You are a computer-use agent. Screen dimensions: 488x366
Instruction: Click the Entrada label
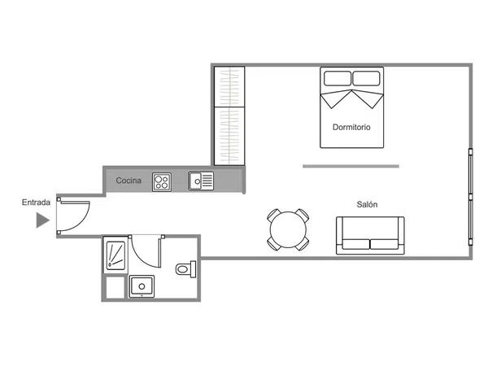tap(36, 203)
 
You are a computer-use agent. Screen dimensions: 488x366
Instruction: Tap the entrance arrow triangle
tap(42, 220)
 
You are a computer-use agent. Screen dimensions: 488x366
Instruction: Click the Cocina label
tap(129, 181)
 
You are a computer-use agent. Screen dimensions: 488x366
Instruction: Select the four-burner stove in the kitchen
tap(162, 181)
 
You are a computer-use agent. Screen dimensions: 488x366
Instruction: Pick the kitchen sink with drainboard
tap(201, 181)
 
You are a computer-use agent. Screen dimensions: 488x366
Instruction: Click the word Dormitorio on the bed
tap(351, 127)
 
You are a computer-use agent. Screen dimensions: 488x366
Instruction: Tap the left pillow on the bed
tap(338, 78)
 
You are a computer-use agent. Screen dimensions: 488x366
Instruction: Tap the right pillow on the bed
tap(366, 78)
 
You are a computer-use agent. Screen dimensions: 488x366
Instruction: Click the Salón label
tap(367, 204)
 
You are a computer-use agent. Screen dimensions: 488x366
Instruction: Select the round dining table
tap(288, 229)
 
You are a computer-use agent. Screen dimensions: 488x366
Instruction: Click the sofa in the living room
tap(370, 236)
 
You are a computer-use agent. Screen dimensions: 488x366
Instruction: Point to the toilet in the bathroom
tap(185, 269)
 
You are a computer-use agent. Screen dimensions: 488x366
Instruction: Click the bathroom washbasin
tap(142, 286)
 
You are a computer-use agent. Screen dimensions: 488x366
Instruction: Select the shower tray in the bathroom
tap(115, 255)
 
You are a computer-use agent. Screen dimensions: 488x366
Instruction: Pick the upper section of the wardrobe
tap(229, 87)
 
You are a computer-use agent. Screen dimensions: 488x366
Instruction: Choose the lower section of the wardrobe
tap(229, 136)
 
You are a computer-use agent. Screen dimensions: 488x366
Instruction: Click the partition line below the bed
tap(351, 167)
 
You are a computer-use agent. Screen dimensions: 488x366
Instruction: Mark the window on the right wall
tap(471, 198)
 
